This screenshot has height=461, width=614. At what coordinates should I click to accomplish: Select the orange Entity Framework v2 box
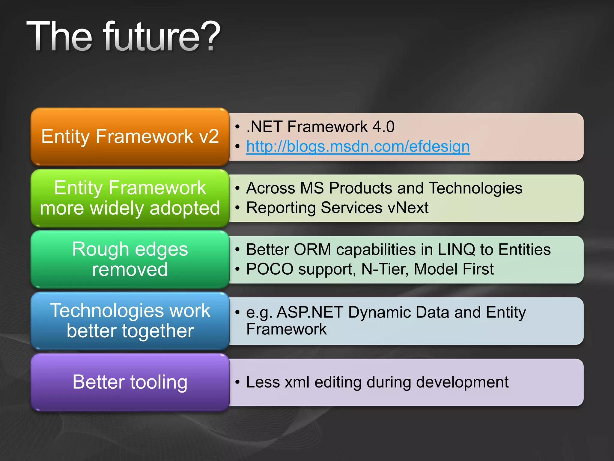pos(130,137)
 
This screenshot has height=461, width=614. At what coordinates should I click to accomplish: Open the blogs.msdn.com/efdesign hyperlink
pos(358,147)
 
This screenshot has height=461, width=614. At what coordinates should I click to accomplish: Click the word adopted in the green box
pos(185,208)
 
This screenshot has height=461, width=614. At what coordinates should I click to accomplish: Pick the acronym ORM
pos(312,249)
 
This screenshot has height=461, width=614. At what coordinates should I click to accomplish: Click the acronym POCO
pos(270,269)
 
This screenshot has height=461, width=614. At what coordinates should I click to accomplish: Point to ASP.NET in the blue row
pos(309,312)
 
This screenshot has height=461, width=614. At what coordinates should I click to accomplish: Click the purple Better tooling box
pos(130,382)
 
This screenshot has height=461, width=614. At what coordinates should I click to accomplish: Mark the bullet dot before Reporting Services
pos(237,208)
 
